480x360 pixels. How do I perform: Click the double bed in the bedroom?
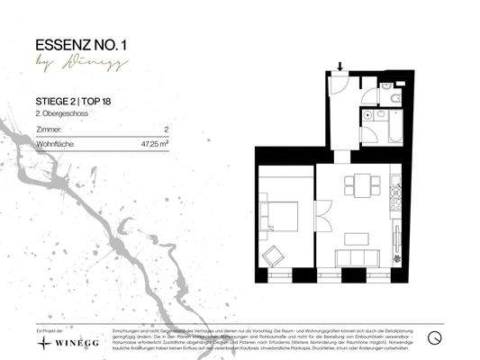point(279,216)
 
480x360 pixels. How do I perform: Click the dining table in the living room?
point(362,186)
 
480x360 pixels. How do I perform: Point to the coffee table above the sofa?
point(357,238)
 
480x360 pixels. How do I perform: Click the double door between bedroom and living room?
point(316,216)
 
